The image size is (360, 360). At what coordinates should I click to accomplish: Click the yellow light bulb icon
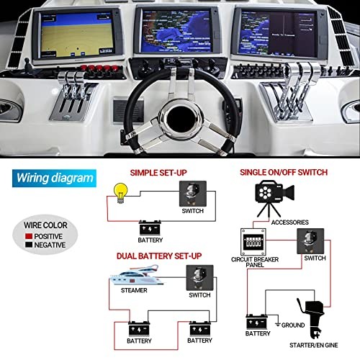point(120,193)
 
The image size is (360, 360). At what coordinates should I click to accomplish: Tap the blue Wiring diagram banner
point(54,179)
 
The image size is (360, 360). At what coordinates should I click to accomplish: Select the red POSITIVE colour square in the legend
point(29,236)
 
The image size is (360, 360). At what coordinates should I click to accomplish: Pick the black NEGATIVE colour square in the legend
point(29,245)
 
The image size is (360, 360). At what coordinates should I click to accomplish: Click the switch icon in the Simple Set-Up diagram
point(193,194)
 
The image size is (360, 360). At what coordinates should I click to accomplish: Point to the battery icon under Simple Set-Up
point(150,228)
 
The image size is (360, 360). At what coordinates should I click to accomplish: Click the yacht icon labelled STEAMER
point(136,275)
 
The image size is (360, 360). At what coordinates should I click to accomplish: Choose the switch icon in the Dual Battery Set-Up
point(200,278)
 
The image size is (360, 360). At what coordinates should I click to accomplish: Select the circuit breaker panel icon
point(253,242)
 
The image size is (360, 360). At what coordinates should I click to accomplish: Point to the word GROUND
point(293,325)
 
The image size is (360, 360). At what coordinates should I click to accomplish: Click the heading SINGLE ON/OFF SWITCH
point(284,172)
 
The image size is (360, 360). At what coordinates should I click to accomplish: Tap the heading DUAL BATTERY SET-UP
point(159,256)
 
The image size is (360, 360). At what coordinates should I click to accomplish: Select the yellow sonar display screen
point(77,35)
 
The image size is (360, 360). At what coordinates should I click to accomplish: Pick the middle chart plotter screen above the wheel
point(176,31)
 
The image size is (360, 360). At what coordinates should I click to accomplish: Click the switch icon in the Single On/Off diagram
point(310,241)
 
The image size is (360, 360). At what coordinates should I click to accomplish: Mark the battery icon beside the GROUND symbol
point(257,322)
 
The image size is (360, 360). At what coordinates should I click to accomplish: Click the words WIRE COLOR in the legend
point(45,225)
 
